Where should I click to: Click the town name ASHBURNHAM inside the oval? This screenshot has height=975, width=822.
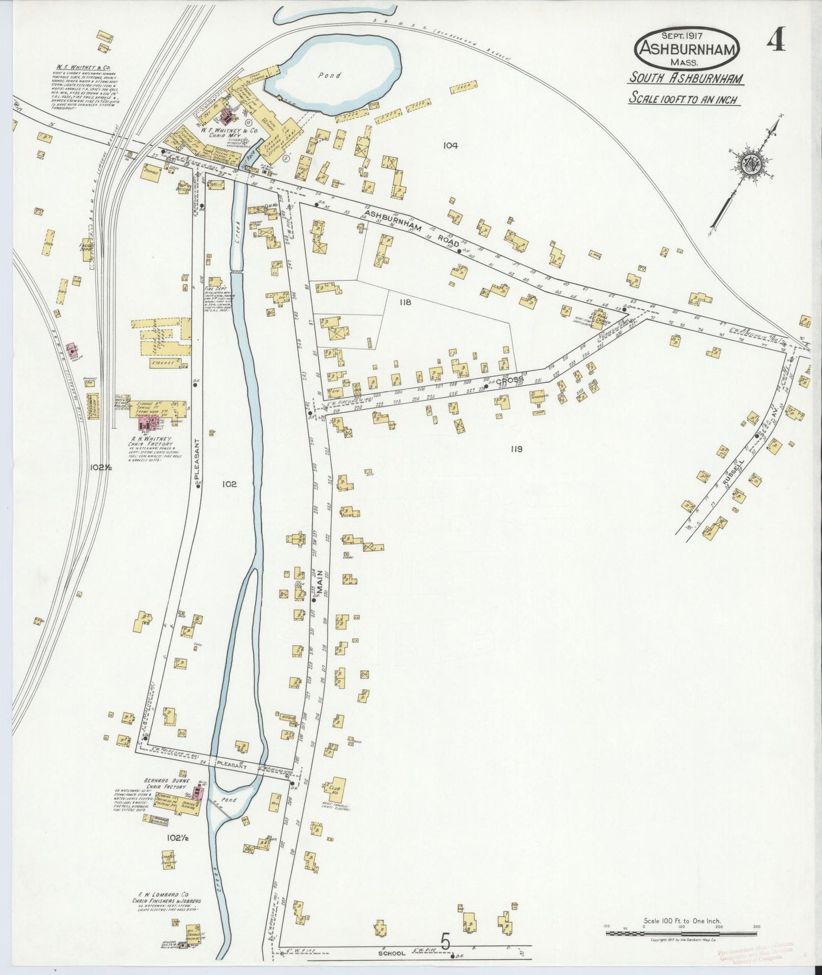point(688,49)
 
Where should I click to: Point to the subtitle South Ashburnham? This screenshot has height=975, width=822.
point(685,79)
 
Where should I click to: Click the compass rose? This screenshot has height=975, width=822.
point(749,164)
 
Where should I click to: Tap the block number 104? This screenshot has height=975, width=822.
point(451,146)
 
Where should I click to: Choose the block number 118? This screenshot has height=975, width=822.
point(404,303)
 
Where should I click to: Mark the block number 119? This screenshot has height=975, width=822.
point(516,449)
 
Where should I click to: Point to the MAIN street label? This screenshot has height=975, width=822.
point(320,583)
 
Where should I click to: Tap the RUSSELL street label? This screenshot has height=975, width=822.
point(734,474)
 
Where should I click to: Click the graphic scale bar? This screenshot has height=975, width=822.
point(681,933)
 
